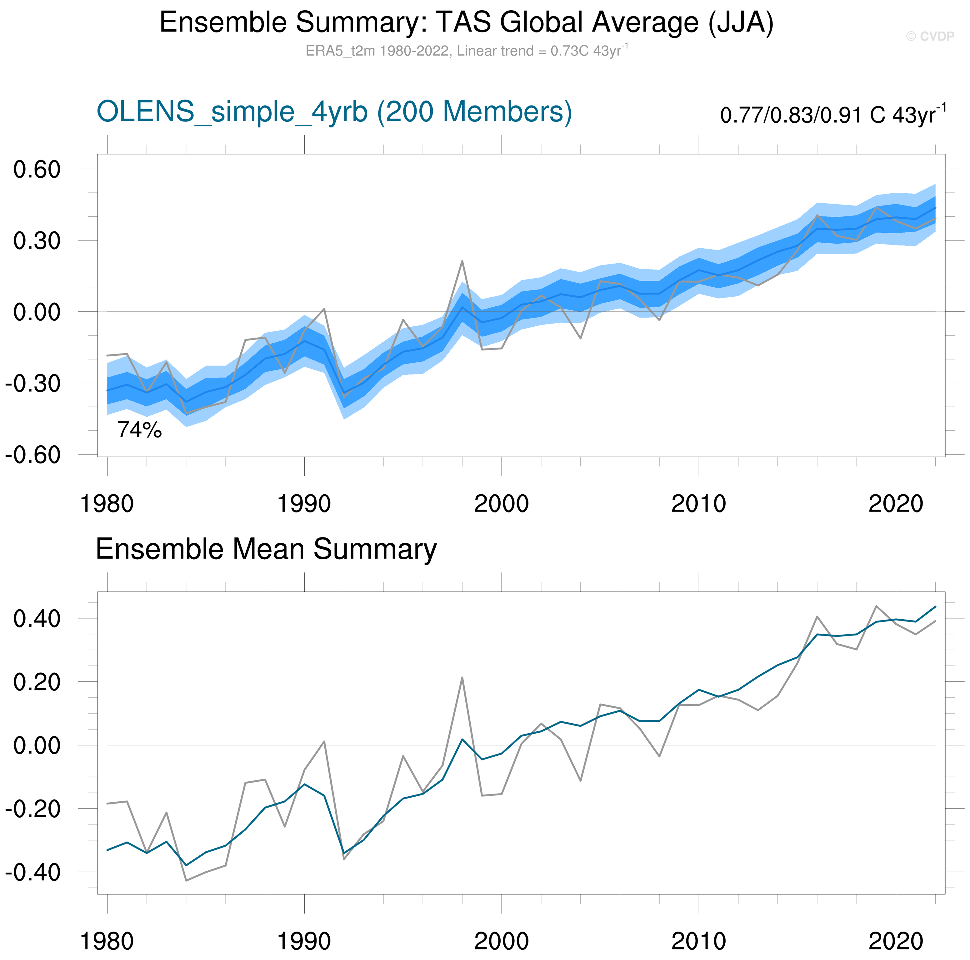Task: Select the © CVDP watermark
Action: point(930,36)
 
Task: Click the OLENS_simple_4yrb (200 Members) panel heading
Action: point(334,111)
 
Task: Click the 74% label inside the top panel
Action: point(140,430)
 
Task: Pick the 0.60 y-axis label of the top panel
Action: point(37,170)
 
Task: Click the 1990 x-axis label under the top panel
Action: point(304,504)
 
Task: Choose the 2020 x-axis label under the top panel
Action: point(896,504)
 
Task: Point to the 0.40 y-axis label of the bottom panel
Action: point(37,619)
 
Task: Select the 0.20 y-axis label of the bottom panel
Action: point(37,682)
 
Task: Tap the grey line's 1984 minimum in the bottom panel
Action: point(186,881)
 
